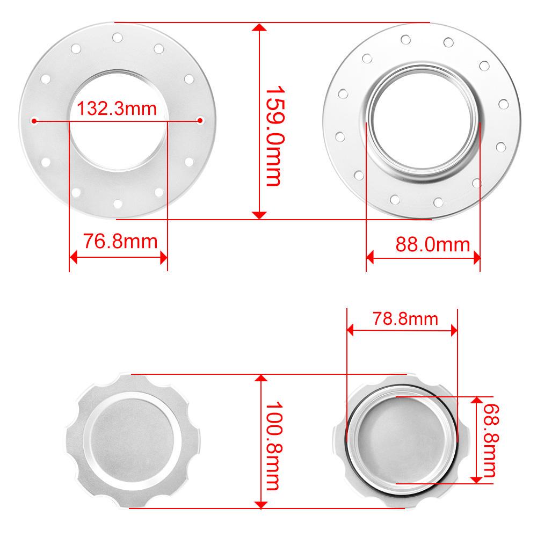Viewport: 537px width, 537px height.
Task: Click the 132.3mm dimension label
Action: point(117,109)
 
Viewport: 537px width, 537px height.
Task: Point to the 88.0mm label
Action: point(433,245)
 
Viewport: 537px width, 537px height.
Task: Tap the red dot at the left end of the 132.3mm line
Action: point(35,120)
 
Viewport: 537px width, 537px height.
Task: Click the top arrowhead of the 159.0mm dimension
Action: point(259,27)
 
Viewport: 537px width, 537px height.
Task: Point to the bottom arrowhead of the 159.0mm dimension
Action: point(259,215)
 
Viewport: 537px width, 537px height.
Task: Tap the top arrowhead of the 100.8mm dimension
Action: point(261,379)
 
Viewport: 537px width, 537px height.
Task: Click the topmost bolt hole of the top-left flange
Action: point(118,38)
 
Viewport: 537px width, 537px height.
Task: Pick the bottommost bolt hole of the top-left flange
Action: point(118,202)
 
